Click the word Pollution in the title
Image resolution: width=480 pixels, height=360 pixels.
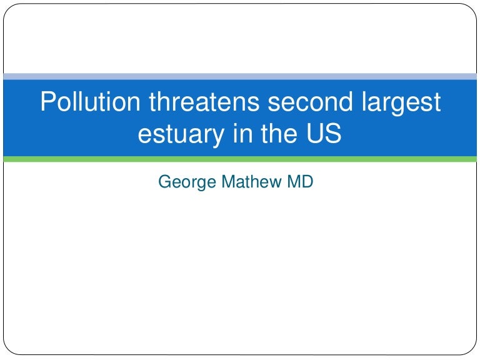click(90, 101)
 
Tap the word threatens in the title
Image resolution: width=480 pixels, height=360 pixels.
click(204, 101)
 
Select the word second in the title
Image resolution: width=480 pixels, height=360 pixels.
click(310, 101)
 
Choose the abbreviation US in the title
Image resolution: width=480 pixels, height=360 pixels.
click(324, 132)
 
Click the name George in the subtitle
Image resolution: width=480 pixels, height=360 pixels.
click(187, 182)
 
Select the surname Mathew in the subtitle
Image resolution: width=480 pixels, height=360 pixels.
click(251, 181)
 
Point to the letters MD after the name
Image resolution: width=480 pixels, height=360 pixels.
click(300, 181)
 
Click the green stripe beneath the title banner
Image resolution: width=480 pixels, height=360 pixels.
click(240, 159)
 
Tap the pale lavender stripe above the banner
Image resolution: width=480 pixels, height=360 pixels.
click(240, 76)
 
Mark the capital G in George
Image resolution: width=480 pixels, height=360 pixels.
click(165, 181)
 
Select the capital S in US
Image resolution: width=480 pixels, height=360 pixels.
click(332, 132)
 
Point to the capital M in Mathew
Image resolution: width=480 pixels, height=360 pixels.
click(228, 181)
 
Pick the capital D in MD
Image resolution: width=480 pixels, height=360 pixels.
click(307, 181)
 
